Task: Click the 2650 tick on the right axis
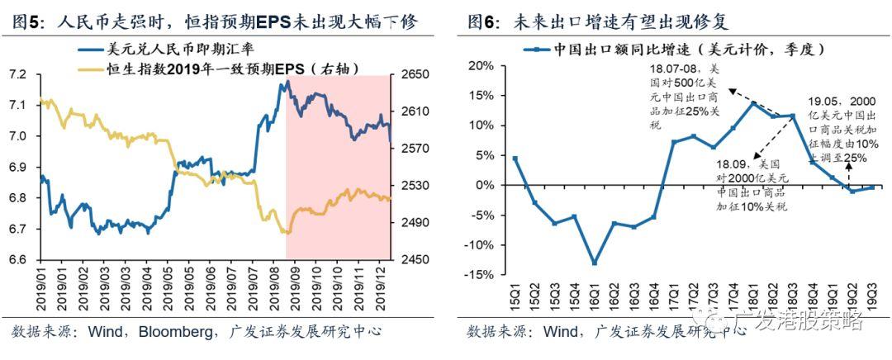(409, 75)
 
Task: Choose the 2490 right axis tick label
(409, 223)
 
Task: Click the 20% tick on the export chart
(482, 66)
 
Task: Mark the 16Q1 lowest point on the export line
(593, 263)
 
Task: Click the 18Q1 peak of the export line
(752, 103)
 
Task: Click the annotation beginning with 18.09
(752, 186)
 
